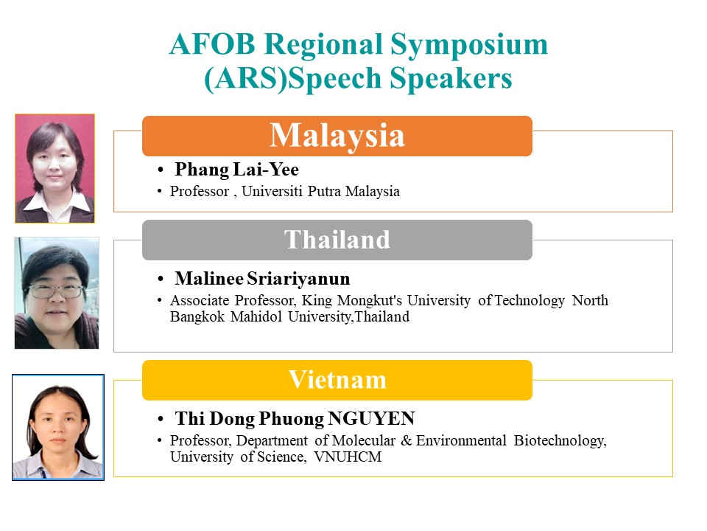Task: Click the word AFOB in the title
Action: click(x=213, y=44)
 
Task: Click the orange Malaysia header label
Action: click(x=337, y=136)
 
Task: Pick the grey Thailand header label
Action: click(x=337, y=240)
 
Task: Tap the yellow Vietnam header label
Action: click(x=337, y=380)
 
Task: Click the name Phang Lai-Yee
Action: click(x=236, y=170)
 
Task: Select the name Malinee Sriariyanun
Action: click(x=262, y=279)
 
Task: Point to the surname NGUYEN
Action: click(x=371, y=419)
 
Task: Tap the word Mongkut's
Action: click(x=369, y=300)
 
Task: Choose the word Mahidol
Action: click(x=256, y=316)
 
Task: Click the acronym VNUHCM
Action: click(x=348, y=457)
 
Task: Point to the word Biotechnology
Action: click(x=560, y=441)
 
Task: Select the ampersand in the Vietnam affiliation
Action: click(x=407, y=440)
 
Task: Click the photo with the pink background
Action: click(x=55, y=168)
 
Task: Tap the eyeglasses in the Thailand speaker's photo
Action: click(x=56, y=291)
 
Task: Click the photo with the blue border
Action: click(x=58, y=427)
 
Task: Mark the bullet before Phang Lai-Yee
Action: click(x=160, y=170)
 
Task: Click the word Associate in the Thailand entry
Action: click(x=200, y=300)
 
